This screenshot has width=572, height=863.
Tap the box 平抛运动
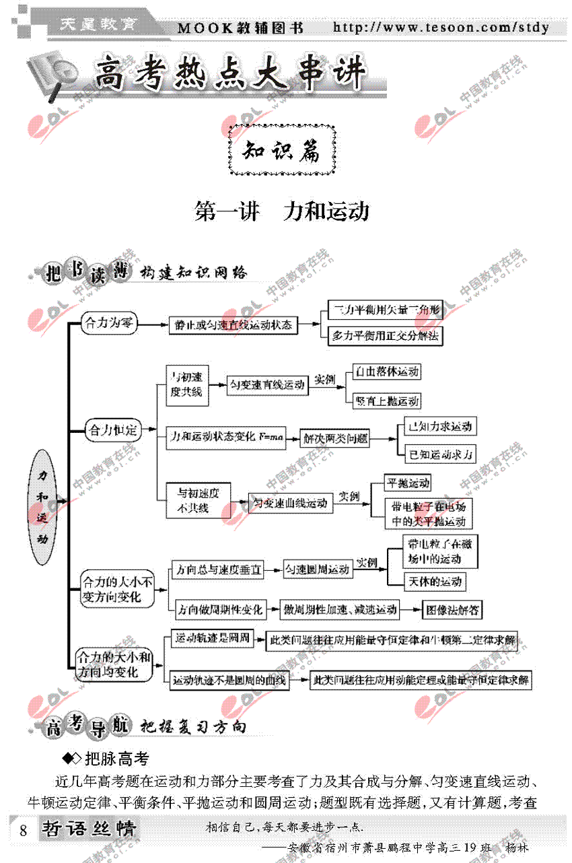(x=407, y=483)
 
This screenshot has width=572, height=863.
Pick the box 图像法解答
(x=452, y=610)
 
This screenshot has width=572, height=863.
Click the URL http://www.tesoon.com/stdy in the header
(x=441, y=28)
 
